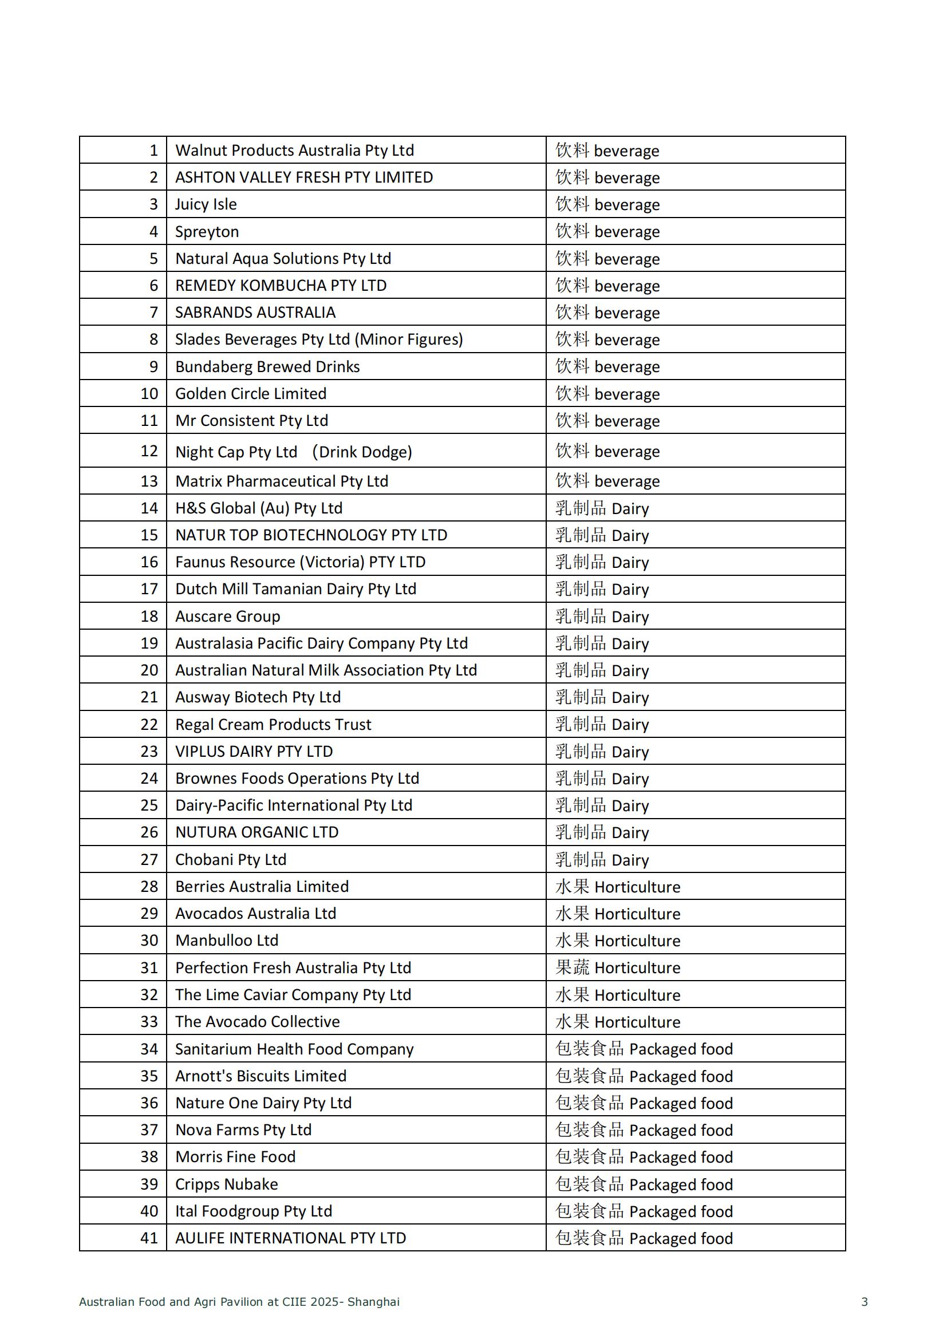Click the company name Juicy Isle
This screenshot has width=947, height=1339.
tap(206, 204)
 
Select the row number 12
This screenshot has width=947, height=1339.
tap(149, 451)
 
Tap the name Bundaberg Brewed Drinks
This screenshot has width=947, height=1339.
tap(267, 366)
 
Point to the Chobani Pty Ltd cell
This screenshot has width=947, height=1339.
tap(230, 859)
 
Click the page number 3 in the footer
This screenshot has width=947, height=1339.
tap(864, 1301)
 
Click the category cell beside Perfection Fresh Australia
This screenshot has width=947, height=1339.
tap(618, 967)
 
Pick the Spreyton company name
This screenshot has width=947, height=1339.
tap(207, 231)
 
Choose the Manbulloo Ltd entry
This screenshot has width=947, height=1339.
tap(227, 940)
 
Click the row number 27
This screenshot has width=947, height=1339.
tap(149, 859)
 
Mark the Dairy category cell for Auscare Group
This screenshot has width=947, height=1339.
tap(602, 617)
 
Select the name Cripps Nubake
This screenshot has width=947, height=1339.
tap(226, 1184)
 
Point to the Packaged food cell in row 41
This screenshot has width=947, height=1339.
tap(644, 1238)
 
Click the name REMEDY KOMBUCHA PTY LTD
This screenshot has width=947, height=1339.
tap(281, 285)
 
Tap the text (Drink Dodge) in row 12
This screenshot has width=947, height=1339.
tap(361, 452)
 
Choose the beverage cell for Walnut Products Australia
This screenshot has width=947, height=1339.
tap(607, 151)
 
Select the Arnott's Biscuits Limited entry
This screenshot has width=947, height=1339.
tap(261, 1076)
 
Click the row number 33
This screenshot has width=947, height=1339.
tap(149, 1021)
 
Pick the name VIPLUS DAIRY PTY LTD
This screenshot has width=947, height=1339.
tap(254, 751)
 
